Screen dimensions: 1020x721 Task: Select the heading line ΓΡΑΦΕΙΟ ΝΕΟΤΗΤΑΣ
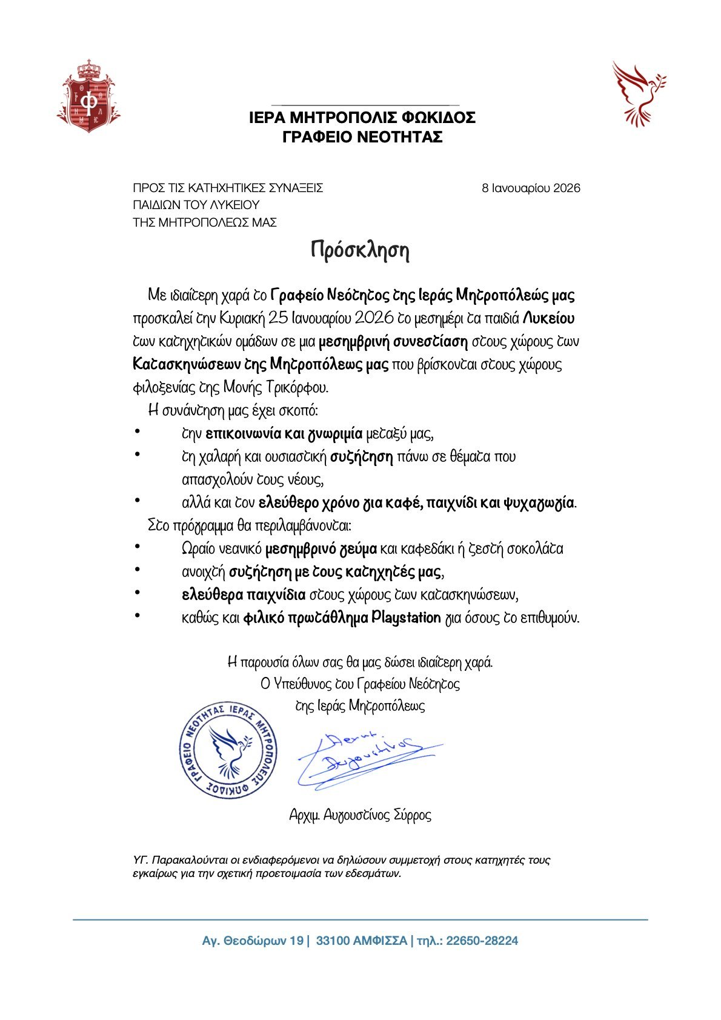click(362, 138)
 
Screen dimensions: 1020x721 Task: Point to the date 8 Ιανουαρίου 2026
click(531, 188)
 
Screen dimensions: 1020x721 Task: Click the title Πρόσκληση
click(360, 250)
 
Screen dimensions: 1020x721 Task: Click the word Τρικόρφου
click(297, 387)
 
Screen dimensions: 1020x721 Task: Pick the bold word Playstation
click(406, 618)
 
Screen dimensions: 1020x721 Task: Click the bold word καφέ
click(407, 502)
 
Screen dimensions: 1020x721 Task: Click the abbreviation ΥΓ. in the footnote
click(141, 860)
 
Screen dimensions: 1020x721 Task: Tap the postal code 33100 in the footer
click(331, 941)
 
